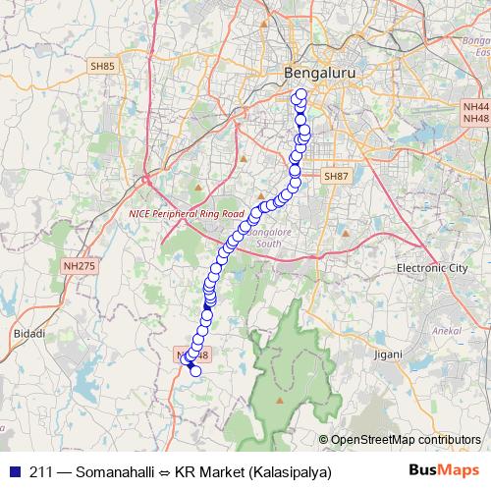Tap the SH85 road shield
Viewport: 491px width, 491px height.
102,66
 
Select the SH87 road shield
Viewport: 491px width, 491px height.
336,176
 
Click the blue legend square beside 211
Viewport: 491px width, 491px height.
14,472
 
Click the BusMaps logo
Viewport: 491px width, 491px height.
443,471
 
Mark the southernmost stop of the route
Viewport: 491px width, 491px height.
194,370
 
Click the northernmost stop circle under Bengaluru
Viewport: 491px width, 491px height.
300,94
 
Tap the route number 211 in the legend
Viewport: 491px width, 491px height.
42,472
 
